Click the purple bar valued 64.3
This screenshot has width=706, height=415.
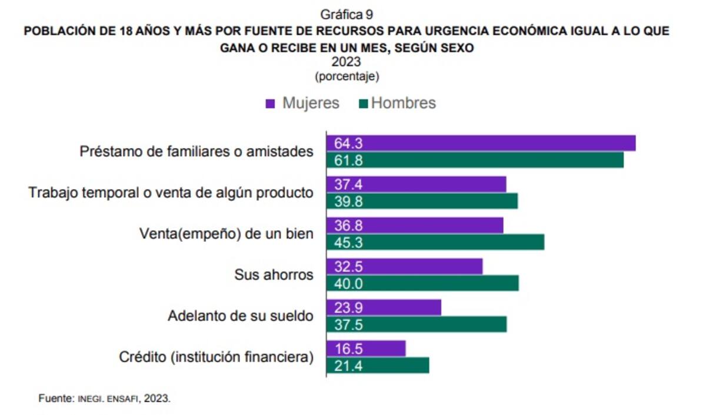(x=481, y=144)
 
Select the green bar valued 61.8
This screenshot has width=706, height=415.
(x=475, y=160)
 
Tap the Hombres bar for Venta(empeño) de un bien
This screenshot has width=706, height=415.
(x=435, y=243)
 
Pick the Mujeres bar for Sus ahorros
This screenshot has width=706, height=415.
(x=405, y=267)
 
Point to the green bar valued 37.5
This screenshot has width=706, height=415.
(x=417, y=325)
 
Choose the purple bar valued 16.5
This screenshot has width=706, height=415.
(x=366, y=348)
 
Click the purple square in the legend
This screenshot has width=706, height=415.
(x=271, y=104)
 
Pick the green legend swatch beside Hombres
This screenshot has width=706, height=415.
(x=362, y=104)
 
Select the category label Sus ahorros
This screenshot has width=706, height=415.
(x=274, y=275)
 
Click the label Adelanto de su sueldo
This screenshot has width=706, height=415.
(x=240, y=316)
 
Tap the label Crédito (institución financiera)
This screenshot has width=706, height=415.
(x=216, y=357)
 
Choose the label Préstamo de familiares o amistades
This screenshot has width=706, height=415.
(x=196, y=151)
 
